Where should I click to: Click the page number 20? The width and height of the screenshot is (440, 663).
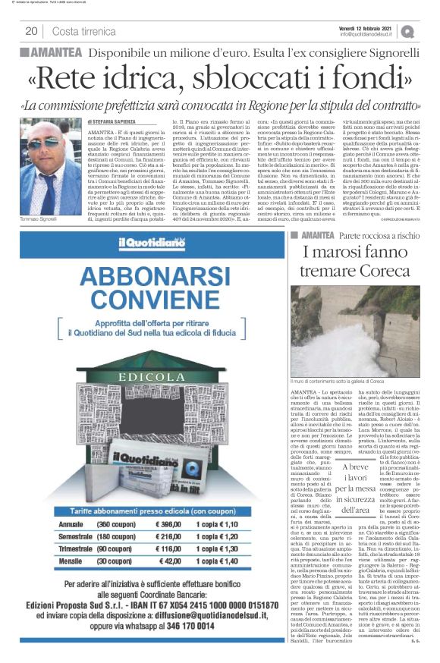pos(31,31)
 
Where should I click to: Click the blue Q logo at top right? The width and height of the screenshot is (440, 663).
pos(408,31)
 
